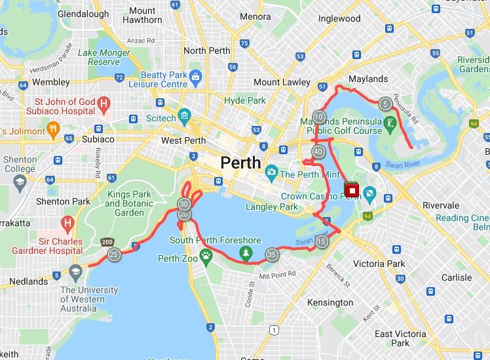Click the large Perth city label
pos(241,162)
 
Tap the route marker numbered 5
pos(385,103)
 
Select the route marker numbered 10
pos(319,117)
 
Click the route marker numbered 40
pos(319,152)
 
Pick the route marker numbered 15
pos(321,242)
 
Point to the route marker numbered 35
pos(272,254)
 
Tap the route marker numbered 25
pos(114,255)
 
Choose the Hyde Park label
pos(244,100)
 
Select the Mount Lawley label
pos(282,82)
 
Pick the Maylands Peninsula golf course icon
pos(390,123)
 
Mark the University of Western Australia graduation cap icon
pos(75,271)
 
